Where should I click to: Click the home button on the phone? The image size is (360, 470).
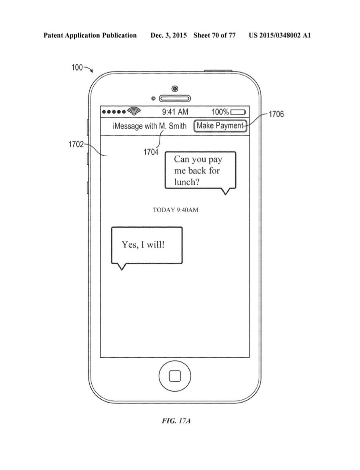pyautogui.click(x=175, y=376)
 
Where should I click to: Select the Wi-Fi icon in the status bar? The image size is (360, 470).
pyautogui.click(x=134, y=112)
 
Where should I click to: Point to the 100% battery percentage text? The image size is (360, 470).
pyautogui.click(x=220, y=112)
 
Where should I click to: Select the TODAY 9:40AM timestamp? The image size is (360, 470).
pyautogui.click(x=175, y=210)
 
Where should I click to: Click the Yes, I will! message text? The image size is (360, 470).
pyautogui.click(x=143, y=245)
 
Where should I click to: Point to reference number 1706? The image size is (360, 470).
pyautogui.click(x=276, y=115)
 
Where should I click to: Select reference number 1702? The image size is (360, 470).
pyautogui.click(x=76, y=145)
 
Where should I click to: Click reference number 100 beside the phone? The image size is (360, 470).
pyautogui.click(x=77, y=67)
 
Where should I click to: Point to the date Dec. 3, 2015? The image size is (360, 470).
pyautogui.click(x=169, y=35)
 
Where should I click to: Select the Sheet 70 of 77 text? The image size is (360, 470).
pyautogui.click(x=214, y=35)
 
